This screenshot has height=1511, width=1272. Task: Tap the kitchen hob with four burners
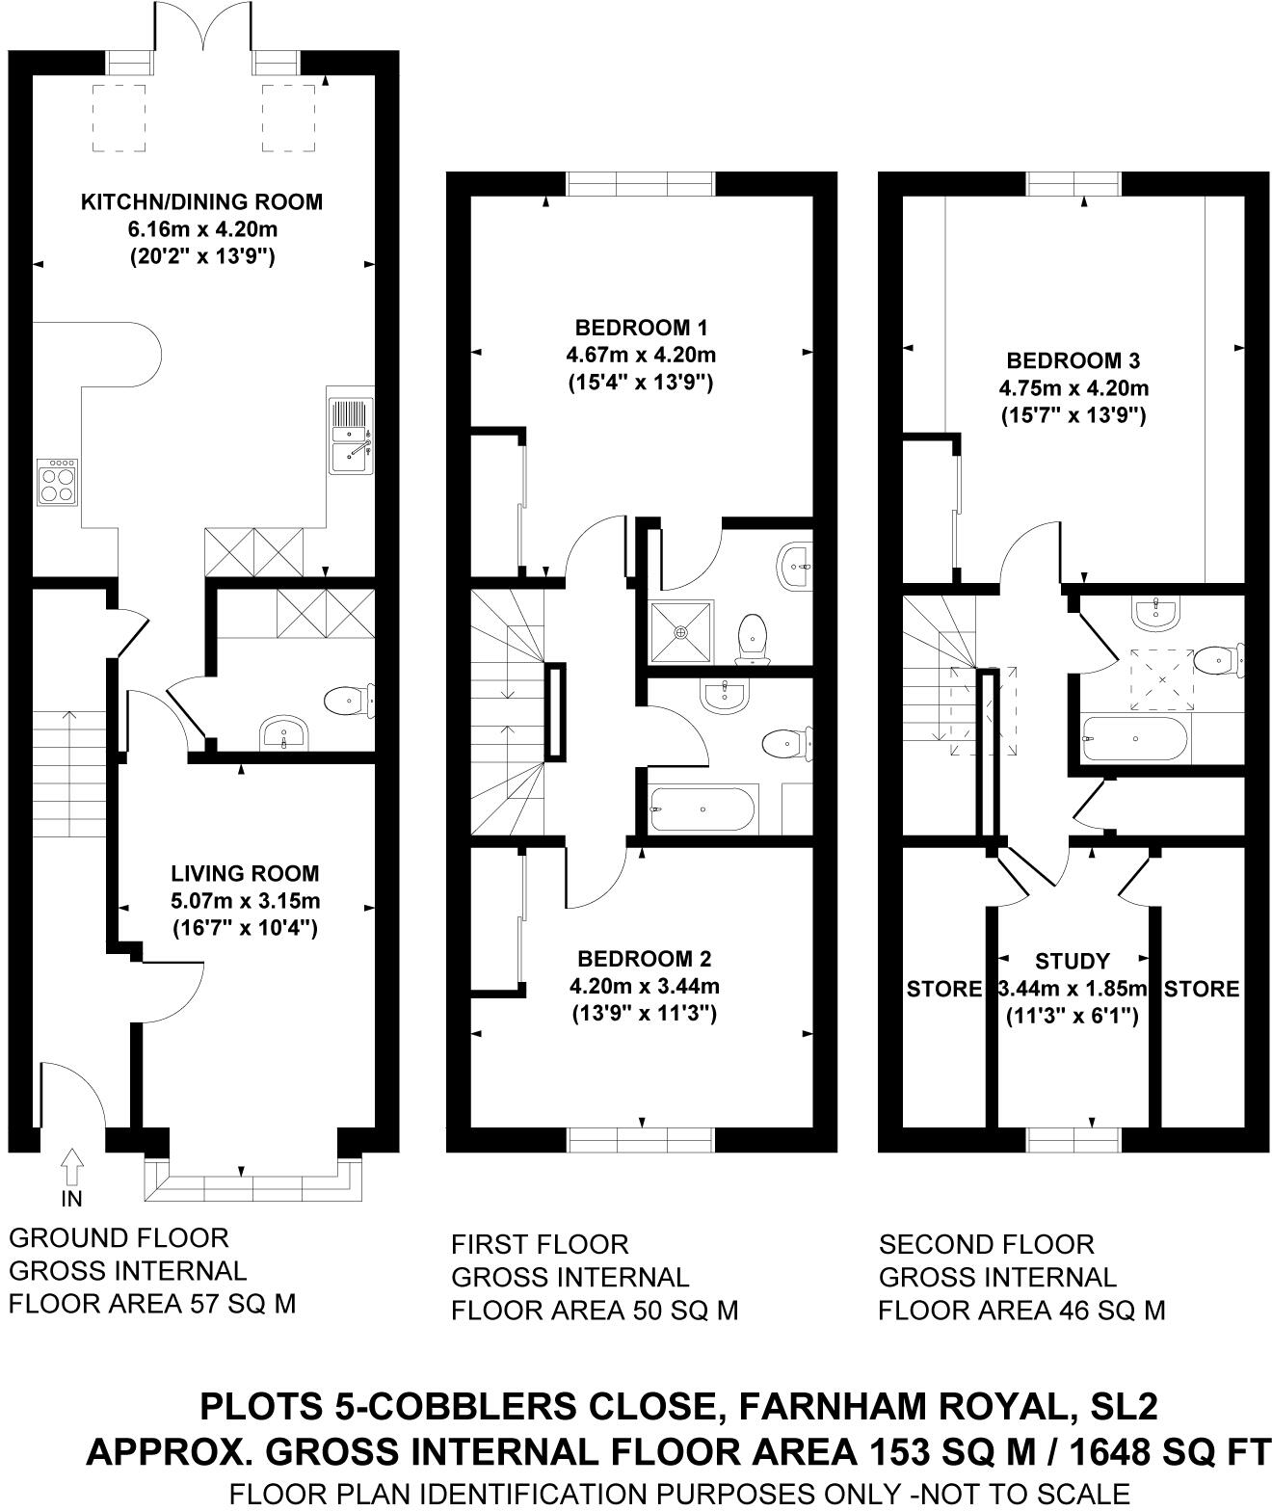tap(57, 482)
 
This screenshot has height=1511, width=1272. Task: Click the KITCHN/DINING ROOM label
tap(201, 202)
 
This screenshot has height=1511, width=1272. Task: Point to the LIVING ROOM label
tap(245, 874)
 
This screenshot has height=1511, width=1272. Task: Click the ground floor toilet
tap(348, 701)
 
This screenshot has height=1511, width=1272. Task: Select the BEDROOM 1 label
tap(641, 327)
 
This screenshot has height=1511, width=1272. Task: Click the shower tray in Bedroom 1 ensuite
tap(682, 632)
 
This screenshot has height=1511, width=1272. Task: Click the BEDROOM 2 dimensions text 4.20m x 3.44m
tap(644, 986)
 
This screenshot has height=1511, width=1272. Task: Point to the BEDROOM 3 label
tap(1073, 360)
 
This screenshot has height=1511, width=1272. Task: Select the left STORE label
tap(943, 989)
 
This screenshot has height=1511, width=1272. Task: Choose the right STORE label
tap(1202, 989)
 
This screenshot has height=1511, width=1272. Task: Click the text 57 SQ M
tap(241, 1304)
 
